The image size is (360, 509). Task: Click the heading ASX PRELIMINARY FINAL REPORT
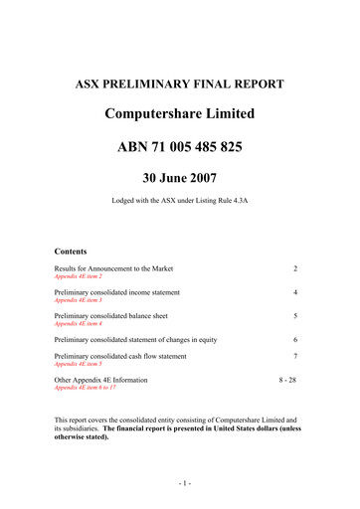click(x=180, y=84)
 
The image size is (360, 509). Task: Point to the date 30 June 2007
click(x=180, y=181)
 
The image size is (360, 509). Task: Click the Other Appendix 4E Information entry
click(x=101, y=380)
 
